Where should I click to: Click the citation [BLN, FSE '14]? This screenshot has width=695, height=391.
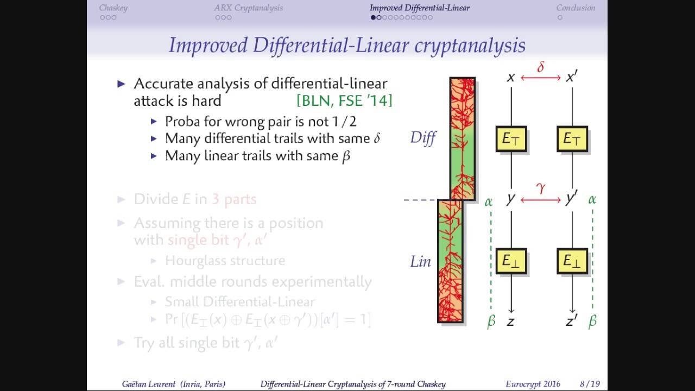click(x=344, y=100)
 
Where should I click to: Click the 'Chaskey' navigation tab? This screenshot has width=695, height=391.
click(x=113, y=8)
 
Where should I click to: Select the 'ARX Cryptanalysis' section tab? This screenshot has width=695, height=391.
click(x=248, y=8)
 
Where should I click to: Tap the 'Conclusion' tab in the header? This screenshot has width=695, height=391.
click(x=575, y=8)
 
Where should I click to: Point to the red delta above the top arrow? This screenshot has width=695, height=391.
click(x=540, y=67)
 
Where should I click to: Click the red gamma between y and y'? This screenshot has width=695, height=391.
click(x=540, y=188)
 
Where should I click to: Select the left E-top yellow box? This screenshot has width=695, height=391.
click(x=511, y=139)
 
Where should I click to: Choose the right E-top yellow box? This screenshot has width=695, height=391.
click(x=572, y=139)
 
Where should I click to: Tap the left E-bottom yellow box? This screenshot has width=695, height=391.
click(x=511, y=261)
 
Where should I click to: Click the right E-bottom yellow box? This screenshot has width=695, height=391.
click(x=572, y=261)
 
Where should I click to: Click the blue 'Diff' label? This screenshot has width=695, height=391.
click(x=423, y=138)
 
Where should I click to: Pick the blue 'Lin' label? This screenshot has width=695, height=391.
click(x=420, y=261)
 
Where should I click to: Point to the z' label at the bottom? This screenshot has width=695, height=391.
click(x=571, y=321)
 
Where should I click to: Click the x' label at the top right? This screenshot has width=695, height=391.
click(x=571, y=78)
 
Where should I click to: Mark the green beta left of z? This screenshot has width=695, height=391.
click(x=491, y=321)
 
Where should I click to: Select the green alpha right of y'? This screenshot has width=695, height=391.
click(x=592, y=200)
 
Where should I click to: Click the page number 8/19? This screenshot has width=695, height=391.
click(x=589, y=384)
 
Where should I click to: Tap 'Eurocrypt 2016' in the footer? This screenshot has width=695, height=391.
click(x=533, y=384)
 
